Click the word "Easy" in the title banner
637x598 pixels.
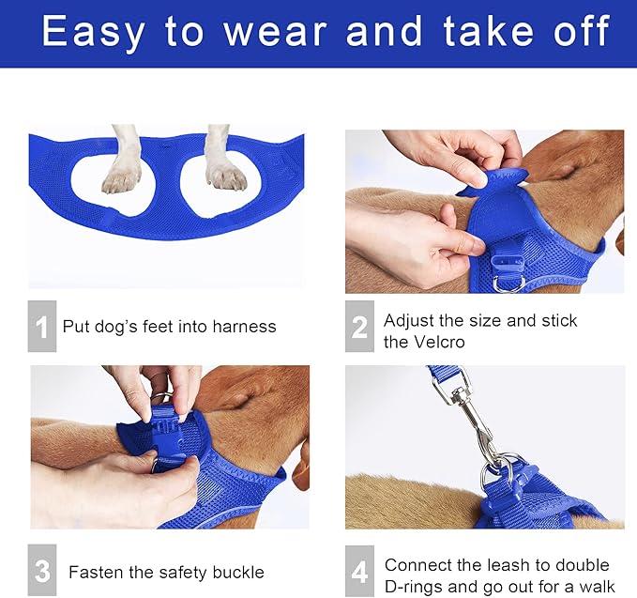click(x=93, y=33)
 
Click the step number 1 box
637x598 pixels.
click(x=42, y=326)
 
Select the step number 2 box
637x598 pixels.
click(x=359, y=326)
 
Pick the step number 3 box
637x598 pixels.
click(x=42, y=570)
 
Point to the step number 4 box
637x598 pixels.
click(x=359, y=571)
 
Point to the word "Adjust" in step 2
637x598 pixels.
click(x=409, y=322)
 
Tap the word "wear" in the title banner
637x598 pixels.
click(x=276, y=33)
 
